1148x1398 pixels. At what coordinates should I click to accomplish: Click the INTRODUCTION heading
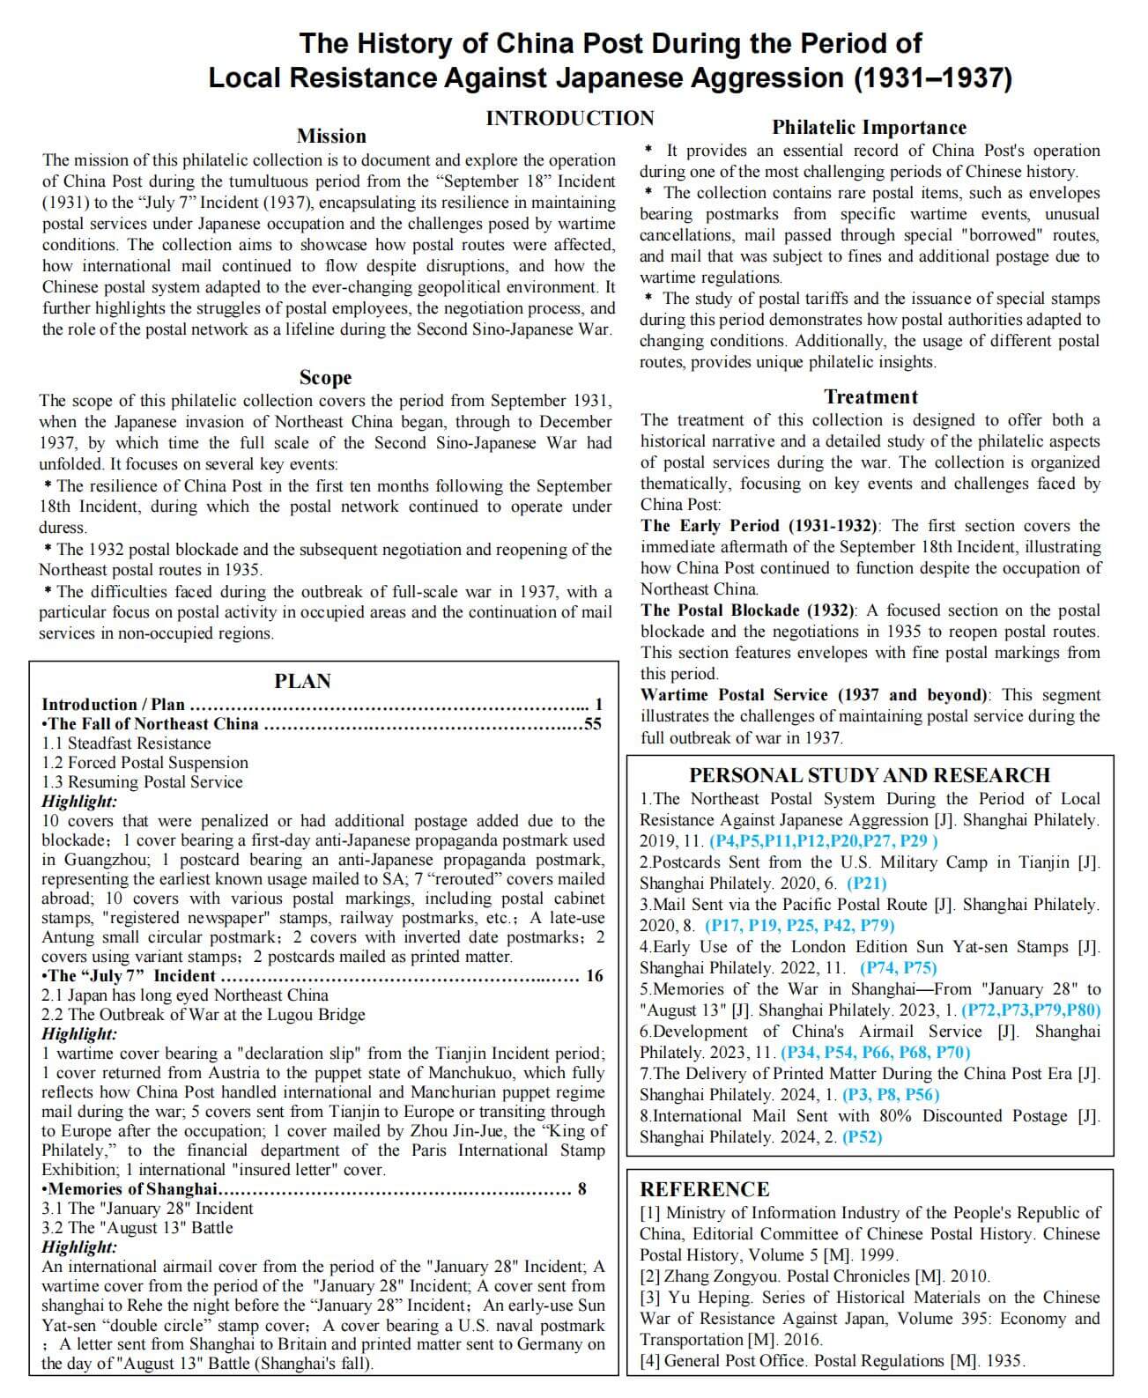(x=569, y=118)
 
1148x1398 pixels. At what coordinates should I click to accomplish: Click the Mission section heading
(x=330, y=136)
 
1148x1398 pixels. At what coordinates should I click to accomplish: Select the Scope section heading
(x=325, y=377)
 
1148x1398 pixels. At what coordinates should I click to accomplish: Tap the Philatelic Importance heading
(x=869, y=128)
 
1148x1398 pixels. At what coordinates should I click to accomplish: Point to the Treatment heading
(x=870, y=396)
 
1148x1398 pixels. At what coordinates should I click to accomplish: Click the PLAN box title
(x=302, y=681)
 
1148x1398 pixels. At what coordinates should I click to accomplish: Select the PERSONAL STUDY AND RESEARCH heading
(x=869, y=775)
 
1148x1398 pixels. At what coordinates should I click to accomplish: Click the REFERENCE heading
(x=704, y=1189)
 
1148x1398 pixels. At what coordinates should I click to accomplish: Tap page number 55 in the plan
(x=593, y=724)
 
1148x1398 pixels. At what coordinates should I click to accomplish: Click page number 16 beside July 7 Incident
(x=595, y=975)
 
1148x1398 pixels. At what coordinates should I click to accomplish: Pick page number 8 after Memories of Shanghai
(x=581, y=1189)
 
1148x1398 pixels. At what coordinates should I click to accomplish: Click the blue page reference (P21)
(x=866, y=883)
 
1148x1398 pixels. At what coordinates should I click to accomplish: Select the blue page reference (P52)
(x=862, y=1136)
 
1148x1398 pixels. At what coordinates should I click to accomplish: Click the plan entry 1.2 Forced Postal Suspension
(x=144, y=762)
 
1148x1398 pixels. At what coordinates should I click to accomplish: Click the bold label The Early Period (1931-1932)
(x=759, y=526)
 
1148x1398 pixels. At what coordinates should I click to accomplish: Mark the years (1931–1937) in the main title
(x=933, y=78)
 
